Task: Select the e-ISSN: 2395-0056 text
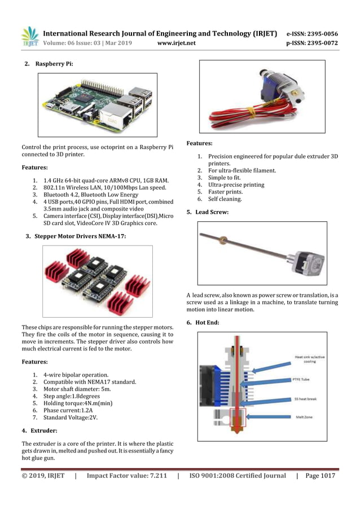coord(312,33)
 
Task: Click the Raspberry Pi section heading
coord(54,64)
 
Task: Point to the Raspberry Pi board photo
coord(98,104)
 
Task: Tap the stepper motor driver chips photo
coord(97,280)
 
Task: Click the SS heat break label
coord(305,399)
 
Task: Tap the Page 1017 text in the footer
coord(320,476)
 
